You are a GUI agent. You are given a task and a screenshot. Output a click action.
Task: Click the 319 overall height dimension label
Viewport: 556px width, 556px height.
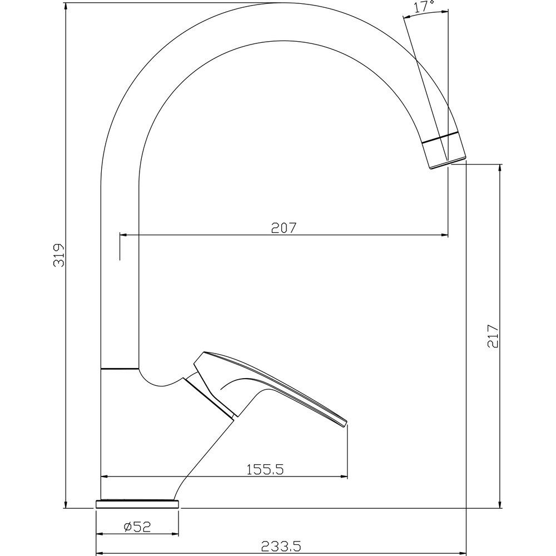tap(59, 255)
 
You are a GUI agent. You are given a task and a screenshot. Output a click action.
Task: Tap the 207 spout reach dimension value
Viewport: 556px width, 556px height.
tap(284, 228)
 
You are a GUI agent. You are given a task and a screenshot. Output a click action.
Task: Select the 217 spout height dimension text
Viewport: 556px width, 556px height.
tap(493, 336)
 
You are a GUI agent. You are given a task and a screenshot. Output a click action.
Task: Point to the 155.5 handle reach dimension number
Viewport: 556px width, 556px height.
tap(265, 469)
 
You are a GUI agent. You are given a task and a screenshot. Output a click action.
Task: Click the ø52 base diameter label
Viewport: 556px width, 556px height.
tap(137, 527)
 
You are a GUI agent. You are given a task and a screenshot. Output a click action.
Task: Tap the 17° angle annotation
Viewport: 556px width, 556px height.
tap(424, 7)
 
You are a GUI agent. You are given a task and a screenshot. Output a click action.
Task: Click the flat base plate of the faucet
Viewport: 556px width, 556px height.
tap(137, 504)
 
